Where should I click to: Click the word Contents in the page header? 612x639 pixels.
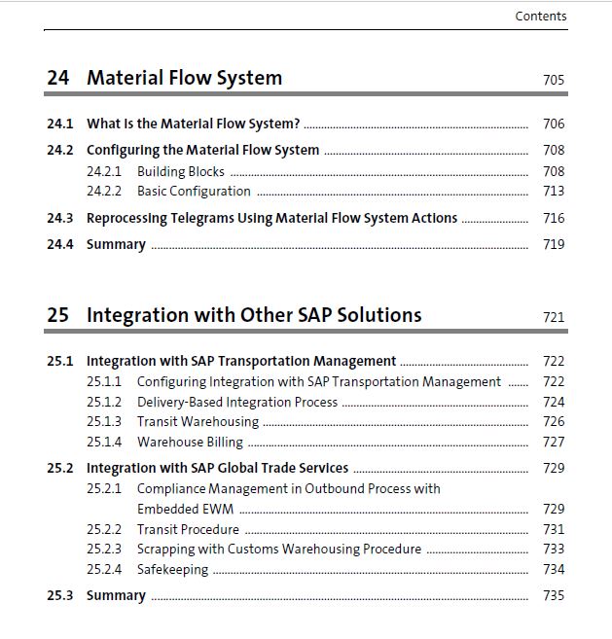[541, 17]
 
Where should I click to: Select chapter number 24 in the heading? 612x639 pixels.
[58, 78]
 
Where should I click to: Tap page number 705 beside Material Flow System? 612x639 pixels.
[554, 80]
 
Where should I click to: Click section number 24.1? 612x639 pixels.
[60, 124]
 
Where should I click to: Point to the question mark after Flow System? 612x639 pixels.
[297, 124]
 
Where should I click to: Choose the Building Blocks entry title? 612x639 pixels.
[181, 171]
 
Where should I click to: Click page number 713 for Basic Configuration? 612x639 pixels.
[554, 191]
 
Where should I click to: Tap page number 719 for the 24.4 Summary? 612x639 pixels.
[554, 244]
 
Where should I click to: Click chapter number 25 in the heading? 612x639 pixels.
[58, 315]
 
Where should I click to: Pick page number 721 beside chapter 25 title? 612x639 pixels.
[554, 317]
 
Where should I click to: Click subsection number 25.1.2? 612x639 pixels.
[104, 403]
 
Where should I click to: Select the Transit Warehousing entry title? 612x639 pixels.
[198, 422]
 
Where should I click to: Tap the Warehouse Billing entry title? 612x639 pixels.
[190, 443]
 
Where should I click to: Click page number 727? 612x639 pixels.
[554, 443]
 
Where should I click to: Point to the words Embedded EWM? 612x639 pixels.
[186, 509]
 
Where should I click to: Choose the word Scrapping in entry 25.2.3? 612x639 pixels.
[166, 549]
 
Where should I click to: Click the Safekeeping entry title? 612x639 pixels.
[173, 569]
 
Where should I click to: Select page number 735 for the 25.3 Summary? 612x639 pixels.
[554, 595]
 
